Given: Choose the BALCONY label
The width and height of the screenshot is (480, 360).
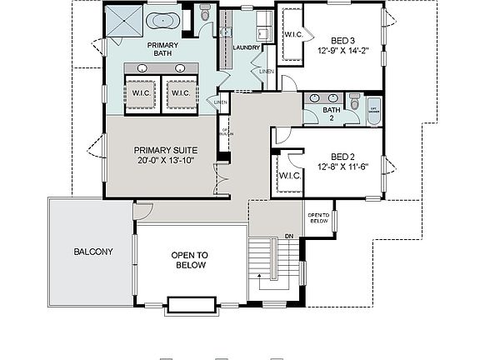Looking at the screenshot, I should pos(93,252).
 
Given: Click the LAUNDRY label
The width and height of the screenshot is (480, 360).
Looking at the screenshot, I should pos(248,48).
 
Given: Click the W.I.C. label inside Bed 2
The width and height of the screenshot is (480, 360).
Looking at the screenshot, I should pos(289,176).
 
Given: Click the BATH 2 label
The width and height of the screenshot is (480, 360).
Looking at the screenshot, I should pos(332,114).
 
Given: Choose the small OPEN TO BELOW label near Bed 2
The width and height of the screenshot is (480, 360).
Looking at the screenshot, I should pos(318,218).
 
